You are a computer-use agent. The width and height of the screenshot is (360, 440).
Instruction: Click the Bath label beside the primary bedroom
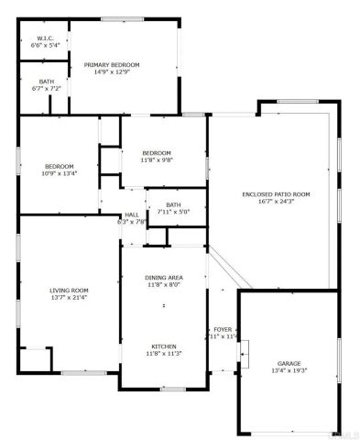point(45,82)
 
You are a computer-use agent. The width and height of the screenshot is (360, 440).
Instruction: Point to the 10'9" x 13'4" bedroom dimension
point(59,172)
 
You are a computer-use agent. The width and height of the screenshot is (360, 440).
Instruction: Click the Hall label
point(131,214)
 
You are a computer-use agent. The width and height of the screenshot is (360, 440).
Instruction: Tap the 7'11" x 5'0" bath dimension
point(172,212)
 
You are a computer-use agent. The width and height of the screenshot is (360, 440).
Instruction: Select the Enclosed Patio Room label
point(276,193)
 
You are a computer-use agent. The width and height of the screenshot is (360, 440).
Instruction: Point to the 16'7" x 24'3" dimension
point(276,201)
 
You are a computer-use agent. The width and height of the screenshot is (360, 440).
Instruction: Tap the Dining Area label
point(164,277)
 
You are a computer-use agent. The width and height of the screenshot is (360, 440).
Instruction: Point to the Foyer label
point(223,329)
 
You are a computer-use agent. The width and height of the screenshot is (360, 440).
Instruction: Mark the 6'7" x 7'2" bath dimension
point(45,89)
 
